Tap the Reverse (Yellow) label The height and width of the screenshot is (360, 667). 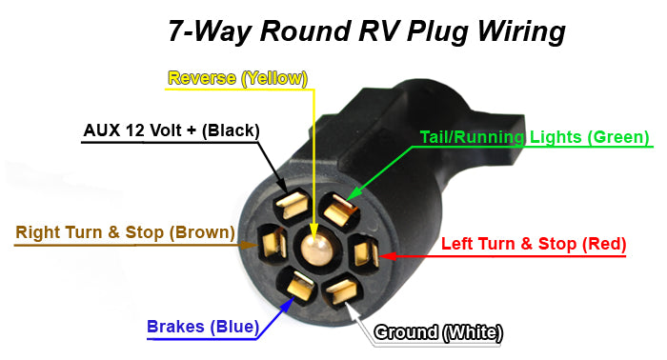tap(238, 78)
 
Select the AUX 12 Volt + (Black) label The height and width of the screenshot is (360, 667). tap(172, 130)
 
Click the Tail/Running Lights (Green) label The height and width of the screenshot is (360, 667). tap(535, 137)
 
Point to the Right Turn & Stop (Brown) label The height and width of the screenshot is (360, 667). tap(125, 232)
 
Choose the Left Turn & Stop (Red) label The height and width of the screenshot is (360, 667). tap(534, 244)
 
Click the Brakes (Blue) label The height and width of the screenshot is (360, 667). tap(202, 327)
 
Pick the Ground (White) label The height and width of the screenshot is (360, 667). tap(438, 332)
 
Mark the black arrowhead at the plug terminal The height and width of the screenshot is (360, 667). tap(281, 190)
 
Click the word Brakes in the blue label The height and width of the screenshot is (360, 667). tap(177, 327)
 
